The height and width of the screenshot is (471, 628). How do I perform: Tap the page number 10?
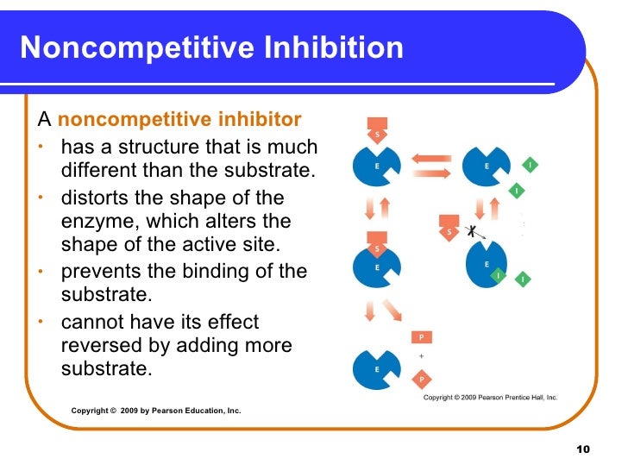click(x=581, y=450)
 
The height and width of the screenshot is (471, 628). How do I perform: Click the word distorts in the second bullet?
click(x=97, y=197)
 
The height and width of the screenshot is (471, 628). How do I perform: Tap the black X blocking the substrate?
click(x=471, y=231)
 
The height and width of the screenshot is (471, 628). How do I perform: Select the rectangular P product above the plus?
click(x=421, y=337)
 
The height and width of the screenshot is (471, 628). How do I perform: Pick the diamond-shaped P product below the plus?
click(x=421, y=378)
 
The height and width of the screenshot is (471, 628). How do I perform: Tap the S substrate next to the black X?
click(x=449, y=229)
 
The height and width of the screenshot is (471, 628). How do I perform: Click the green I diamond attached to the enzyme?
click(x=498, y=274)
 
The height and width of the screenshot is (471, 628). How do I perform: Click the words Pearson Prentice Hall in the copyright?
click(x=515, y=398)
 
